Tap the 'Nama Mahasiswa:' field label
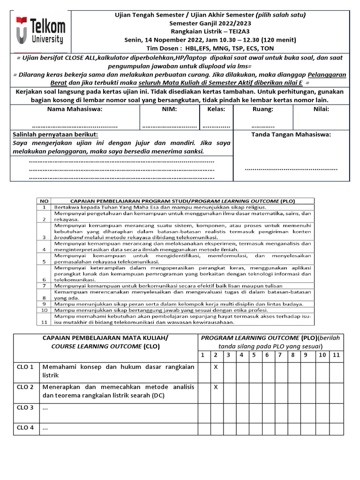coord(75,109)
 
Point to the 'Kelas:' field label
coord(216,109)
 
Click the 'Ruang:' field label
coord(262,109)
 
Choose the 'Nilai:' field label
coord(321,109)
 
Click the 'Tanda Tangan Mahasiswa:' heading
coord(291,135)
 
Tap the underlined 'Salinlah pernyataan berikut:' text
coord(51,135)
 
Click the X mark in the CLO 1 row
coord(216,367)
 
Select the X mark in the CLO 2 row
coord(216,387)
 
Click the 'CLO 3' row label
coord(25,408)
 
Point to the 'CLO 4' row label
coord(25,427)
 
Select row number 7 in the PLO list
coord(44,285)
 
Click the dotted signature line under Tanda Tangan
coord(291,169)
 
